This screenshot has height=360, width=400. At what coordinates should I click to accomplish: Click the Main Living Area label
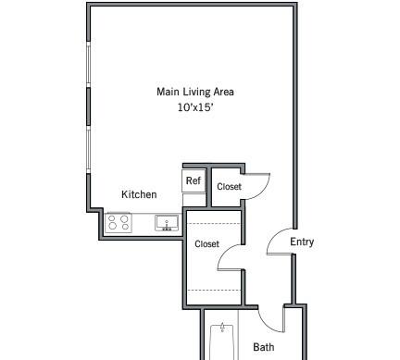(195, 92)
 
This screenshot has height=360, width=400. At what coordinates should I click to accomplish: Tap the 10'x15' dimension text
(195, 107)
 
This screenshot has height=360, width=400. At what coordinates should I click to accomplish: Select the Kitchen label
(139, 194)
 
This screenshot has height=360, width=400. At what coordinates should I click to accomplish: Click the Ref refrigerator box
(194, 180)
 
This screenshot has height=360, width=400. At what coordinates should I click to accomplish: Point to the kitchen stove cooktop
(119, 222)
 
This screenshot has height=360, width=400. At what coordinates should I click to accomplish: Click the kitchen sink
(167, 223)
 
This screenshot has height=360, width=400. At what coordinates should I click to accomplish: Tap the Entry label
(302, 242)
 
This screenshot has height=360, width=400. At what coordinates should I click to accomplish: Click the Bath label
(264, 347)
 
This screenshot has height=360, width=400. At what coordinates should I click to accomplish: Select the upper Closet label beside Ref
(229, 186)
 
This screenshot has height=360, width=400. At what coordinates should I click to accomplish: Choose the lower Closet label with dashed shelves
(206, 244)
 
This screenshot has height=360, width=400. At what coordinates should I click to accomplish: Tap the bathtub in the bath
(222, 342)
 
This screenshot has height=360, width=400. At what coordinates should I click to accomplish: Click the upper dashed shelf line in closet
(214, 223)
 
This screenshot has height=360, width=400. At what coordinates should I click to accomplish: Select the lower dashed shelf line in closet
(214, 291)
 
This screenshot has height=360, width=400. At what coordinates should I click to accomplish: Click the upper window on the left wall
(89, 64)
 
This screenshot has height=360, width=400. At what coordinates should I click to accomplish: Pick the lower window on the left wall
(89, 150)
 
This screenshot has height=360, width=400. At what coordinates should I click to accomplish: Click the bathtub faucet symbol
(222, 328)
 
